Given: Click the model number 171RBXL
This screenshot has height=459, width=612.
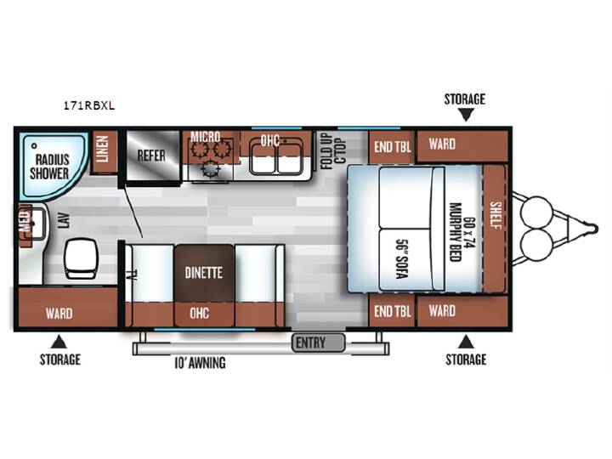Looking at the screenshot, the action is [x=89, y=105].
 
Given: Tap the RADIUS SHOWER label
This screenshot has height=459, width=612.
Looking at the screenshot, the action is [x=49, y=167].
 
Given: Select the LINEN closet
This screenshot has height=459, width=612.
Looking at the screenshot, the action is [x=104, y=151].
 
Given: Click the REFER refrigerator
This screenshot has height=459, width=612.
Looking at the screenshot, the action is [x=152, y=156].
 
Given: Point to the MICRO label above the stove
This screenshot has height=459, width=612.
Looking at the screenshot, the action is [x=206, y=137].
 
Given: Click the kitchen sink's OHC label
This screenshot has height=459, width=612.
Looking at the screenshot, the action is [x=270, y=140].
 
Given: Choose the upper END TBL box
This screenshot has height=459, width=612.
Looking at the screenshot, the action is [x=392, y=147].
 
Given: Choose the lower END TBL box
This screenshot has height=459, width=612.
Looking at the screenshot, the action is [x=392, y=311].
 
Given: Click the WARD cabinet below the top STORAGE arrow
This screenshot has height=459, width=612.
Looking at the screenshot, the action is [x=462, y=146].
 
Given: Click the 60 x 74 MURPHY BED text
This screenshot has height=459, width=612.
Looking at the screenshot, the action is [x=462, y=232].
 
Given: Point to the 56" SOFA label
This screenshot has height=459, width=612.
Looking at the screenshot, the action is [x=402, y=258].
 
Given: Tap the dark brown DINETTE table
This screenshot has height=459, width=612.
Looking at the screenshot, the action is [x=204, y=273].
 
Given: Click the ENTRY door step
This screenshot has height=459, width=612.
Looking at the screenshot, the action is [x=319, y=343].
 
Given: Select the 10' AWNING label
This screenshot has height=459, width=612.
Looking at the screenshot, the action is [x=200, y=363].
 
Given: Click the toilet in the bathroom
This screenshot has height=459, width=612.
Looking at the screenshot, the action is [x=81, y=258].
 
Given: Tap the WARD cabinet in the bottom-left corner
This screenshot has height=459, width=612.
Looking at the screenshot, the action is [x=68, y=308].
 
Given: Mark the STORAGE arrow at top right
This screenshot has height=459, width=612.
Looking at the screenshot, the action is [x=465, y=115].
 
